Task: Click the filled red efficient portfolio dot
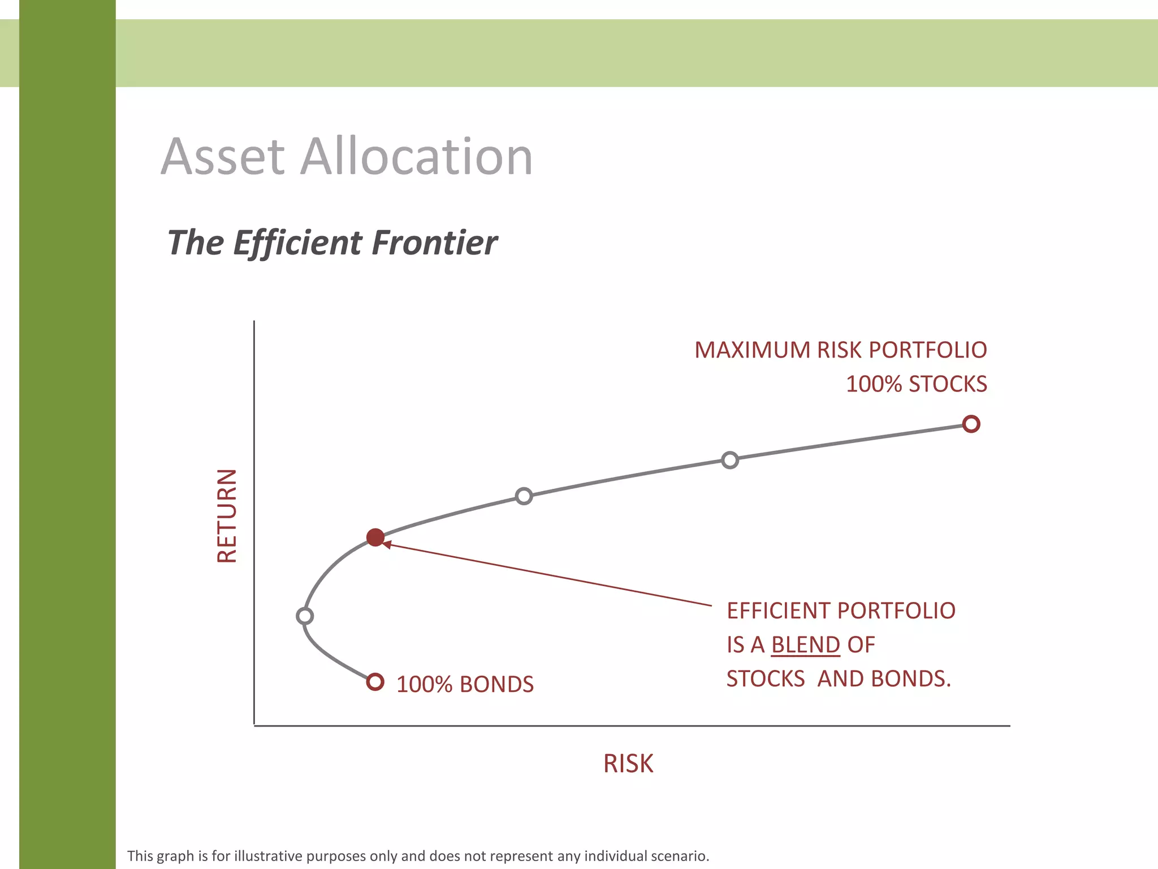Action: click(x=375, y=537)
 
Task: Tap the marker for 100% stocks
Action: click(x=971, y=424)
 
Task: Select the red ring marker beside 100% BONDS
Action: click(x=375, y=682)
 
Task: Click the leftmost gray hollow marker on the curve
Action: click(x=305, y=616)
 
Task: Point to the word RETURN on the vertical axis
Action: click(x=227, y=516)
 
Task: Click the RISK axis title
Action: click(x=628, y=764)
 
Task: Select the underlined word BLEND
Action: click(x=806, y=645)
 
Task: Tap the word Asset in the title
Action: click(x=223, y=157)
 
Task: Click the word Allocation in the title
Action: click(x=417, y=157)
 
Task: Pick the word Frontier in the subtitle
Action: click(x=434, y=243)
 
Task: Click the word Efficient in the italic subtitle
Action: click(x=297, y=243)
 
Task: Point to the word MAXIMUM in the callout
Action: click(x=752, y=350)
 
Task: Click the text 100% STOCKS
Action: click(x=916, y=384)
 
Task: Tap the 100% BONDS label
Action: click(x=465, y=685)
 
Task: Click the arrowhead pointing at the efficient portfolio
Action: click(x=387, y=544)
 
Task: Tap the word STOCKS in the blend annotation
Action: click(x=766, y=679)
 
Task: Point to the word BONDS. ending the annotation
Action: click(x=911, y=679)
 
